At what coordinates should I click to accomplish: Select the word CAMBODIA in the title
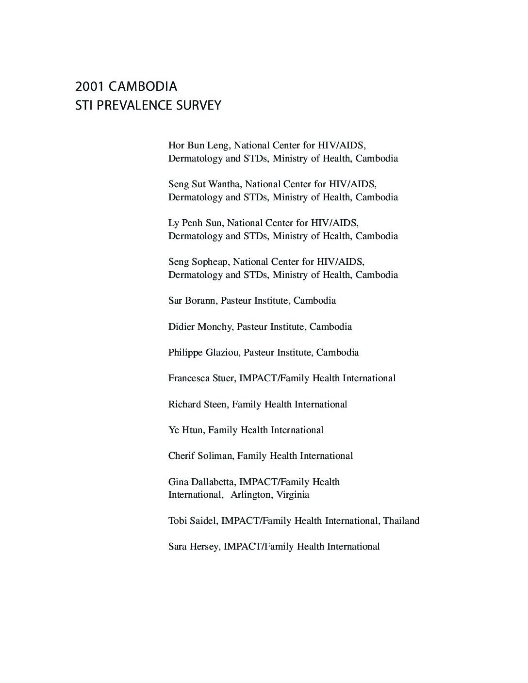pyautogui.click(x=143, y=87)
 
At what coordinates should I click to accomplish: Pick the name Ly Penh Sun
pyautogui.click(x=195, y=223)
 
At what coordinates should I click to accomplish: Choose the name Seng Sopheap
pyautogui.click(x=198, y=262)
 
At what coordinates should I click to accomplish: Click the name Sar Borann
pyautogui.click(x=192, y=301)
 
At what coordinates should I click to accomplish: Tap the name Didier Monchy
pyautogui.click(x=200, y=327)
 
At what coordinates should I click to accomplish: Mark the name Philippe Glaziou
pyautogui.click(x=203, y=353)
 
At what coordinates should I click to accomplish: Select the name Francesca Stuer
pyautogui.click(x=200, y=378)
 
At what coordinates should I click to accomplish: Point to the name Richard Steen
pyautogui.click(x=197, y=405)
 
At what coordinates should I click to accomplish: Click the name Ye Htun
pyautogui.click(x=185, y=430)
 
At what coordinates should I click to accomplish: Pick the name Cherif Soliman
pyautogui.click(x=200, y=456)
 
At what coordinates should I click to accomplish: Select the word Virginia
pyautogui.click(x=293, y=495)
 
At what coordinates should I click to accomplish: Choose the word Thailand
pyautogui.click(x=401, y=521)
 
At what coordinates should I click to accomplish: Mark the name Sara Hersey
pyautogui.click(x=194, y=547)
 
